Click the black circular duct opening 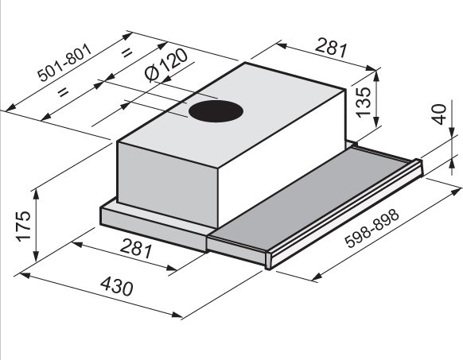point(216,112)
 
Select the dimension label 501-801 point(65,63)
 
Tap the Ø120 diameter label point(166,64)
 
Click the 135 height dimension point(364,102)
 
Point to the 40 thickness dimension point(439,114)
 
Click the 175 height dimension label point(23,226)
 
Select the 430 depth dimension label point(117,286)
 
